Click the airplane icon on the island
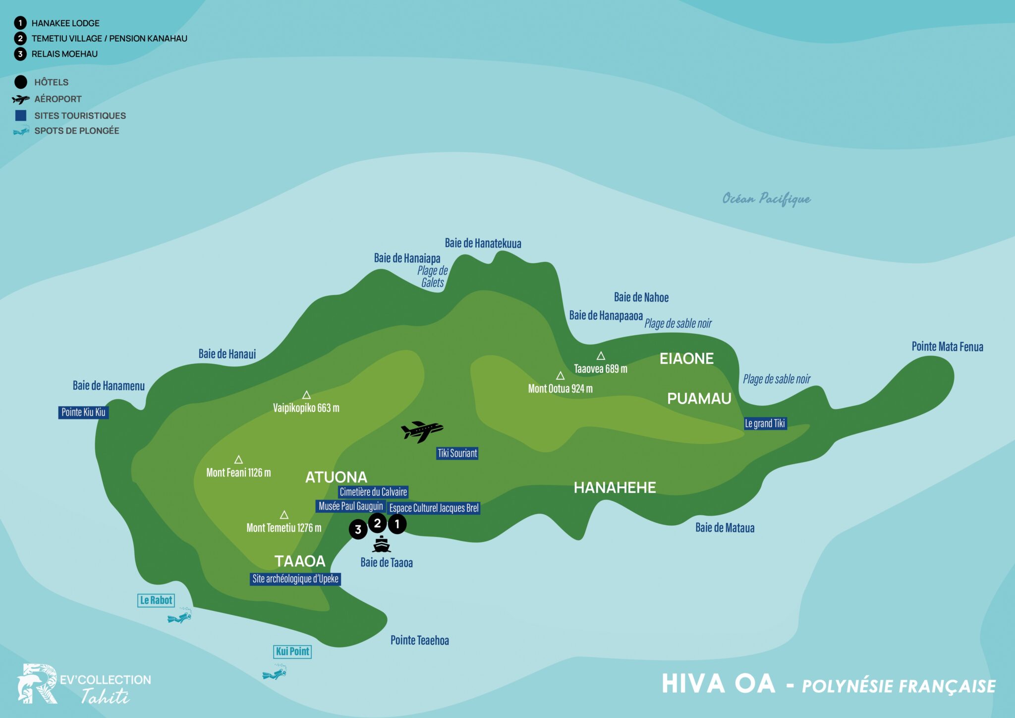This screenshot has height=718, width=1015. (422, 431)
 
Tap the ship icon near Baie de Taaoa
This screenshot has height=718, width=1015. (381, 544)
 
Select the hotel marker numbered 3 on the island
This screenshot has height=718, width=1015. (358, 530)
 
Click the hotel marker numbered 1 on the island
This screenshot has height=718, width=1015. (397, 524)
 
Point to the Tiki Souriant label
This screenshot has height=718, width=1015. (457, 453)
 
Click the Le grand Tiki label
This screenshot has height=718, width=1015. (765, 423)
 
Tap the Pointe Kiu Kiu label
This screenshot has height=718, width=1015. (83, 413)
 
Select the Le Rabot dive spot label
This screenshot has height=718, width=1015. (156, 600)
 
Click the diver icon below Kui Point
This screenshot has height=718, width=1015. (275, 674)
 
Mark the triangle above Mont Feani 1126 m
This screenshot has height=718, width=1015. (238, 460)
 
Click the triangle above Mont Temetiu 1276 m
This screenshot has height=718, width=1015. (284, 515)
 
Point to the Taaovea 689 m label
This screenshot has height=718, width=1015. (600, 369)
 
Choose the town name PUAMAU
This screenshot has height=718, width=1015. (699, 399)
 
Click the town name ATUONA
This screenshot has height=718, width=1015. (336, 478)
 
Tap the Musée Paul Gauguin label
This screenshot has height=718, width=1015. (350, 506)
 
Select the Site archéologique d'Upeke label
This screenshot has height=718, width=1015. (295, 579)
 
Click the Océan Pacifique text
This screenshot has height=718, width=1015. (766, 199)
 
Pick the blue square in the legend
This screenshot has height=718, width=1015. (21, 116)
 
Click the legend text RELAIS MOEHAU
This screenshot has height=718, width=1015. (64, 54)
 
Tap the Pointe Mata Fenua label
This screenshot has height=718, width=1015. (947, 347)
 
